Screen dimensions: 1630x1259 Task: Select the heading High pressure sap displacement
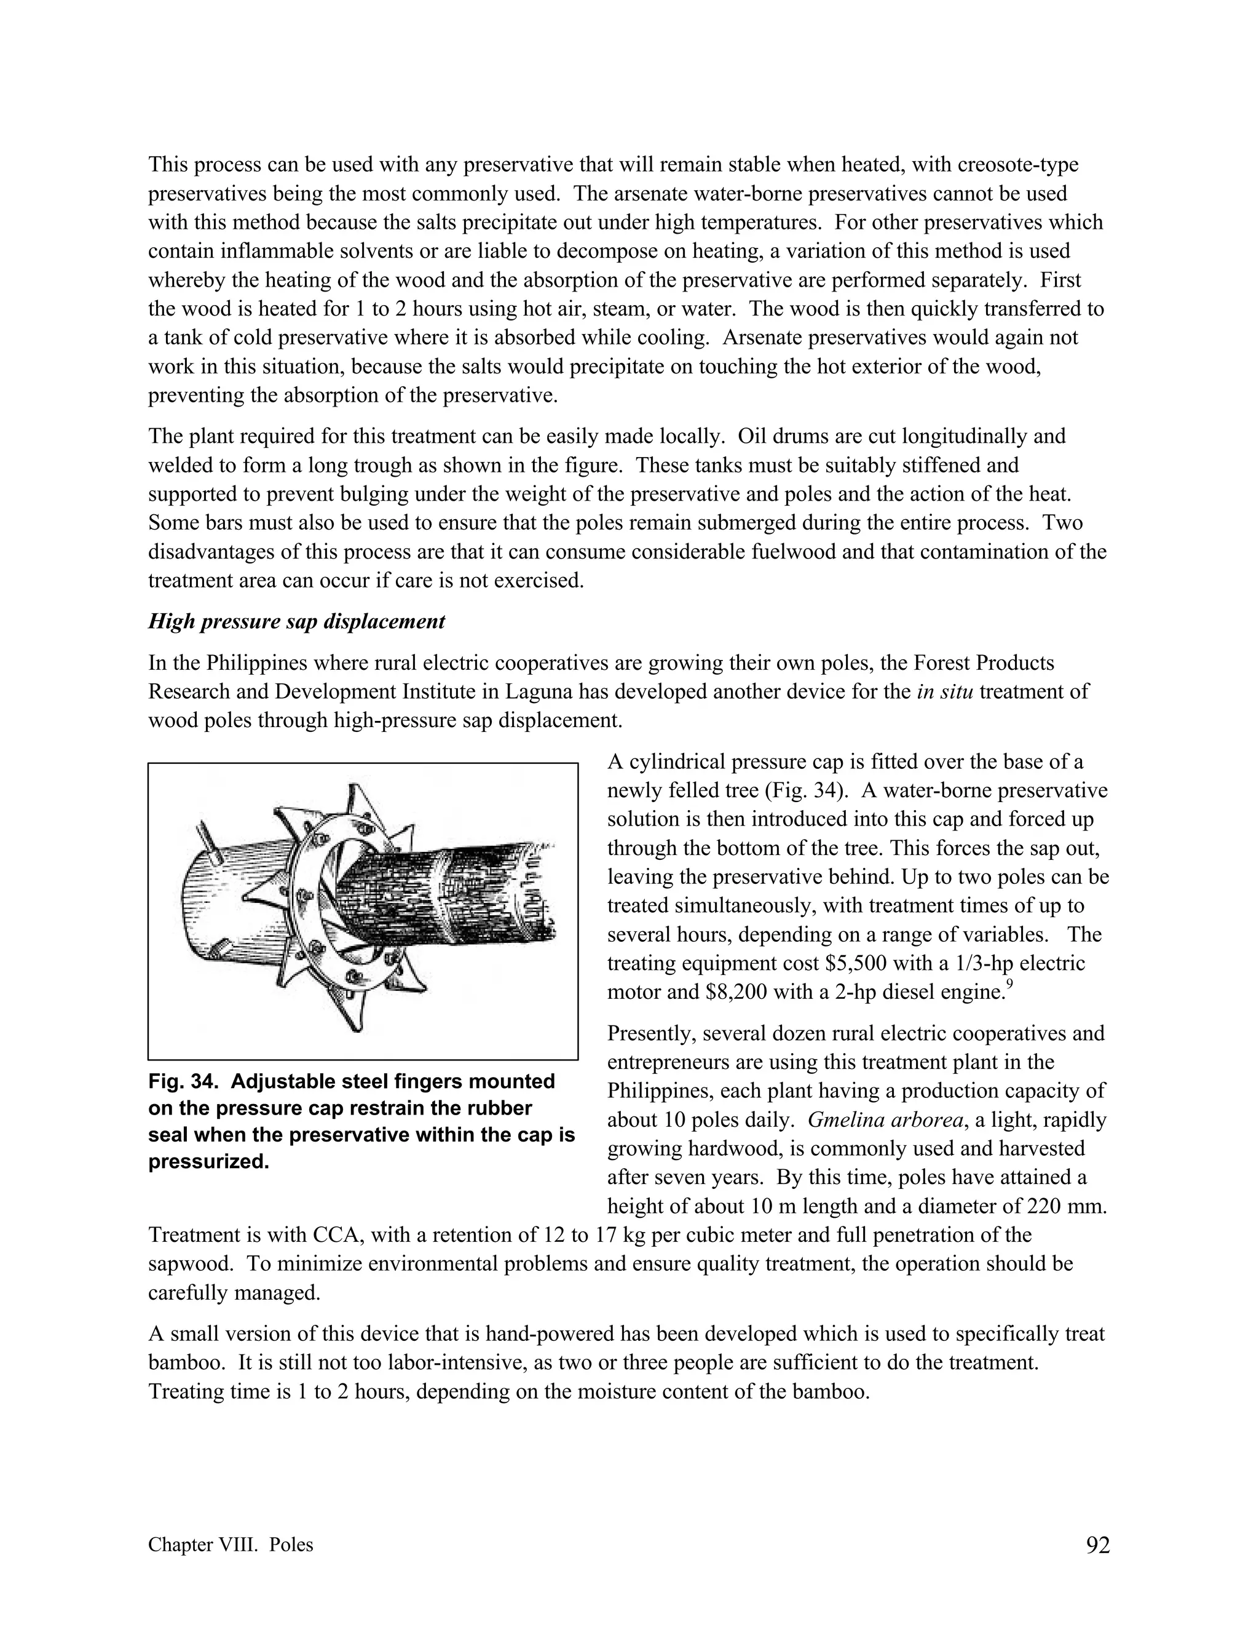click(296, 622)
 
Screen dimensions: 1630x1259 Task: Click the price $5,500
click(856, 963)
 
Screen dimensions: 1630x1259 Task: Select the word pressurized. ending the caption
click(209, 1162)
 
